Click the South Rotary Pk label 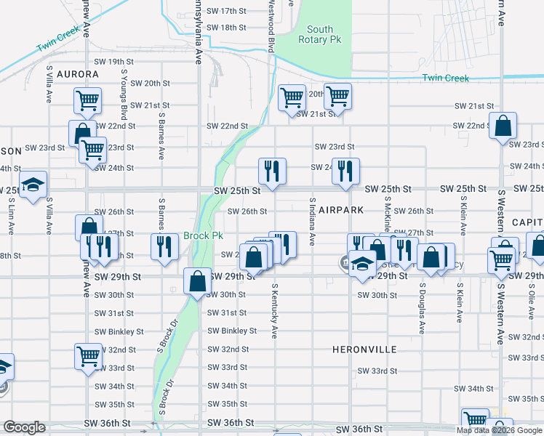319,34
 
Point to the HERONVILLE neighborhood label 364,350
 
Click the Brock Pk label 203,235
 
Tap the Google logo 24,427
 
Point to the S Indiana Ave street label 312,221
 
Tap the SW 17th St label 227,12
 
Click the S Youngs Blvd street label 124,95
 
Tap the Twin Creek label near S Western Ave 446,78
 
